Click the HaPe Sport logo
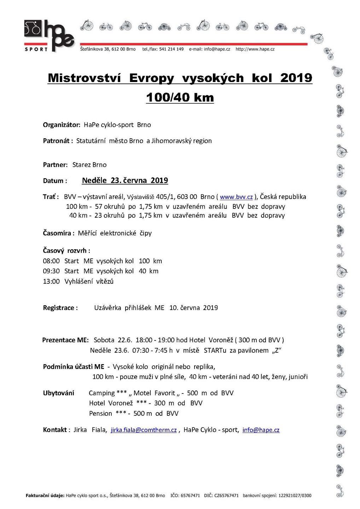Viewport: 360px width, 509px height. (x=49, y=36)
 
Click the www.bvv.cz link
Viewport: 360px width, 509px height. (x=236, y=197)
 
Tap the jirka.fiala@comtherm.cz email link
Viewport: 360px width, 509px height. (x=144, y=430)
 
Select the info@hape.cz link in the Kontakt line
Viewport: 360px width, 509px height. (x=261, y=430)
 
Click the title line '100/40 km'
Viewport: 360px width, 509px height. (x=180, y=97)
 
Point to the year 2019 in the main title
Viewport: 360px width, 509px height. (x=296, y=78)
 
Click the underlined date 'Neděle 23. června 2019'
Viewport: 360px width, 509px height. (x=125, y=180)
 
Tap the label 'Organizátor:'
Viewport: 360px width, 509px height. (x=62, y=125)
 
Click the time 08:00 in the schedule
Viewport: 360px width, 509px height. (x=51, y=261)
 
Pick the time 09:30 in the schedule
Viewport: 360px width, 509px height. (x=51, y=271)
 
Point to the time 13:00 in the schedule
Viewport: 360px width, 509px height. (x=51, y=281)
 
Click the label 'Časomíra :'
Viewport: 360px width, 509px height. (x=59, y=233)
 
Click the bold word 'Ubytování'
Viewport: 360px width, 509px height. (x=59, y=393)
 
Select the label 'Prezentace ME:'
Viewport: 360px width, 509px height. (x=65, y=340)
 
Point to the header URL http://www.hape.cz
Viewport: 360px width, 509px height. (x=255, y=49)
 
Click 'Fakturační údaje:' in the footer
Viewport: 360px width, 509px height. (x=45, y=496)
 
